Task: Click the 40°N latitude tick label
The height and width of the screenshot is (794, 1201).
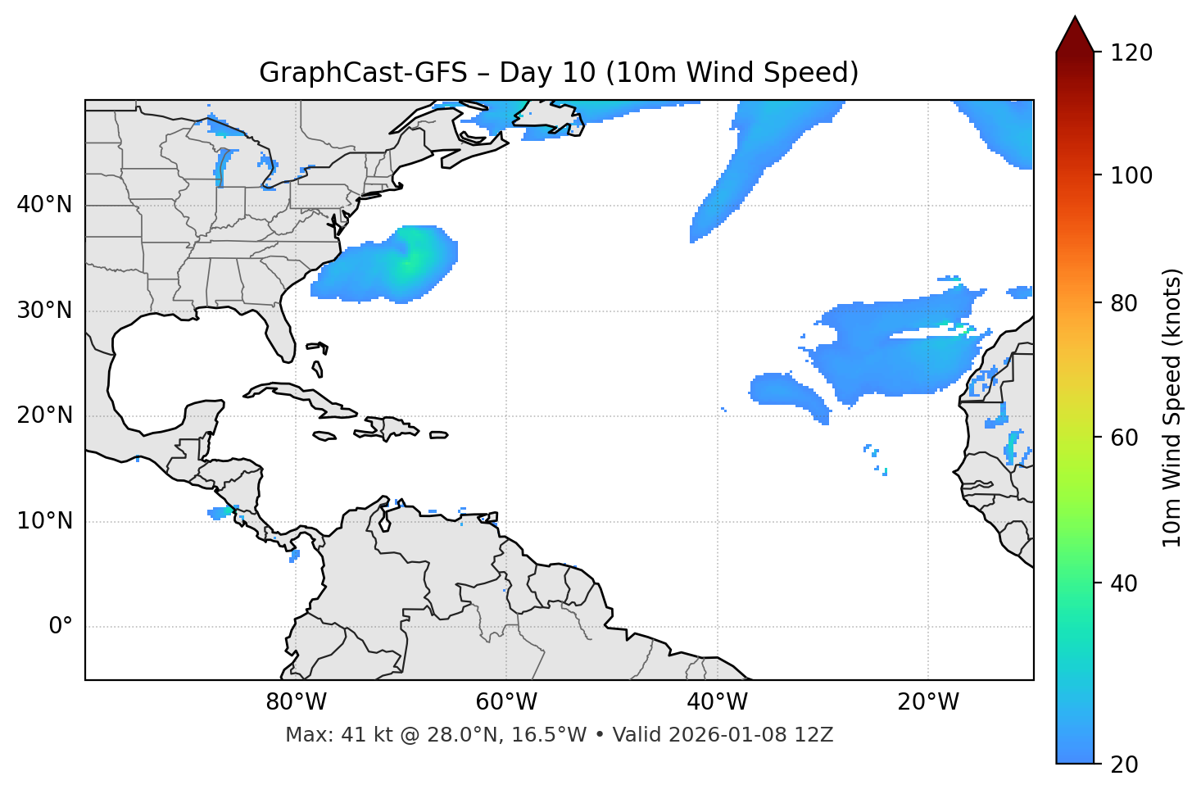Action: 44,205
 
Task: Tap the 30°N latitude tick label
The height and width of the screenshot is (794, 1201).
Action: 44,311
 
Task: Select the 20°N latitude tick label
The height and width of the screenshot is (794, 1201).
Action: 44,415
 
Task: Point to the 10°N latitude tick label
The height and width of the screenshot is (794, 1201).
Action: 44,521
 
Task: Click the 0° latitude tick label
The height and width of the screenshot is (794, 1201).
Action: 61,627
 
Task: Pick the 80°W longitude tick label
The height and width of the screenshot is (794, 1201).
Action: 296,702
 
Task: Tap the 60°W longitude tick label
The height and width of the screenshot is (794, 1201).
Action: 506,702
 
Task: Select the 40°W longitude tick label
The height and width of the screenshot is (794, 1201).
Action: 717,702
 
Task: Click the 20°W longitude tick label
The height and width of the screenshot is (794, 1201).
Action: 927,702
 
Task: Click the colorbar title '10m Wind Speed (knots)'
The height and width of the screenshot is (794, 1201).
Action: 1172,408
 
